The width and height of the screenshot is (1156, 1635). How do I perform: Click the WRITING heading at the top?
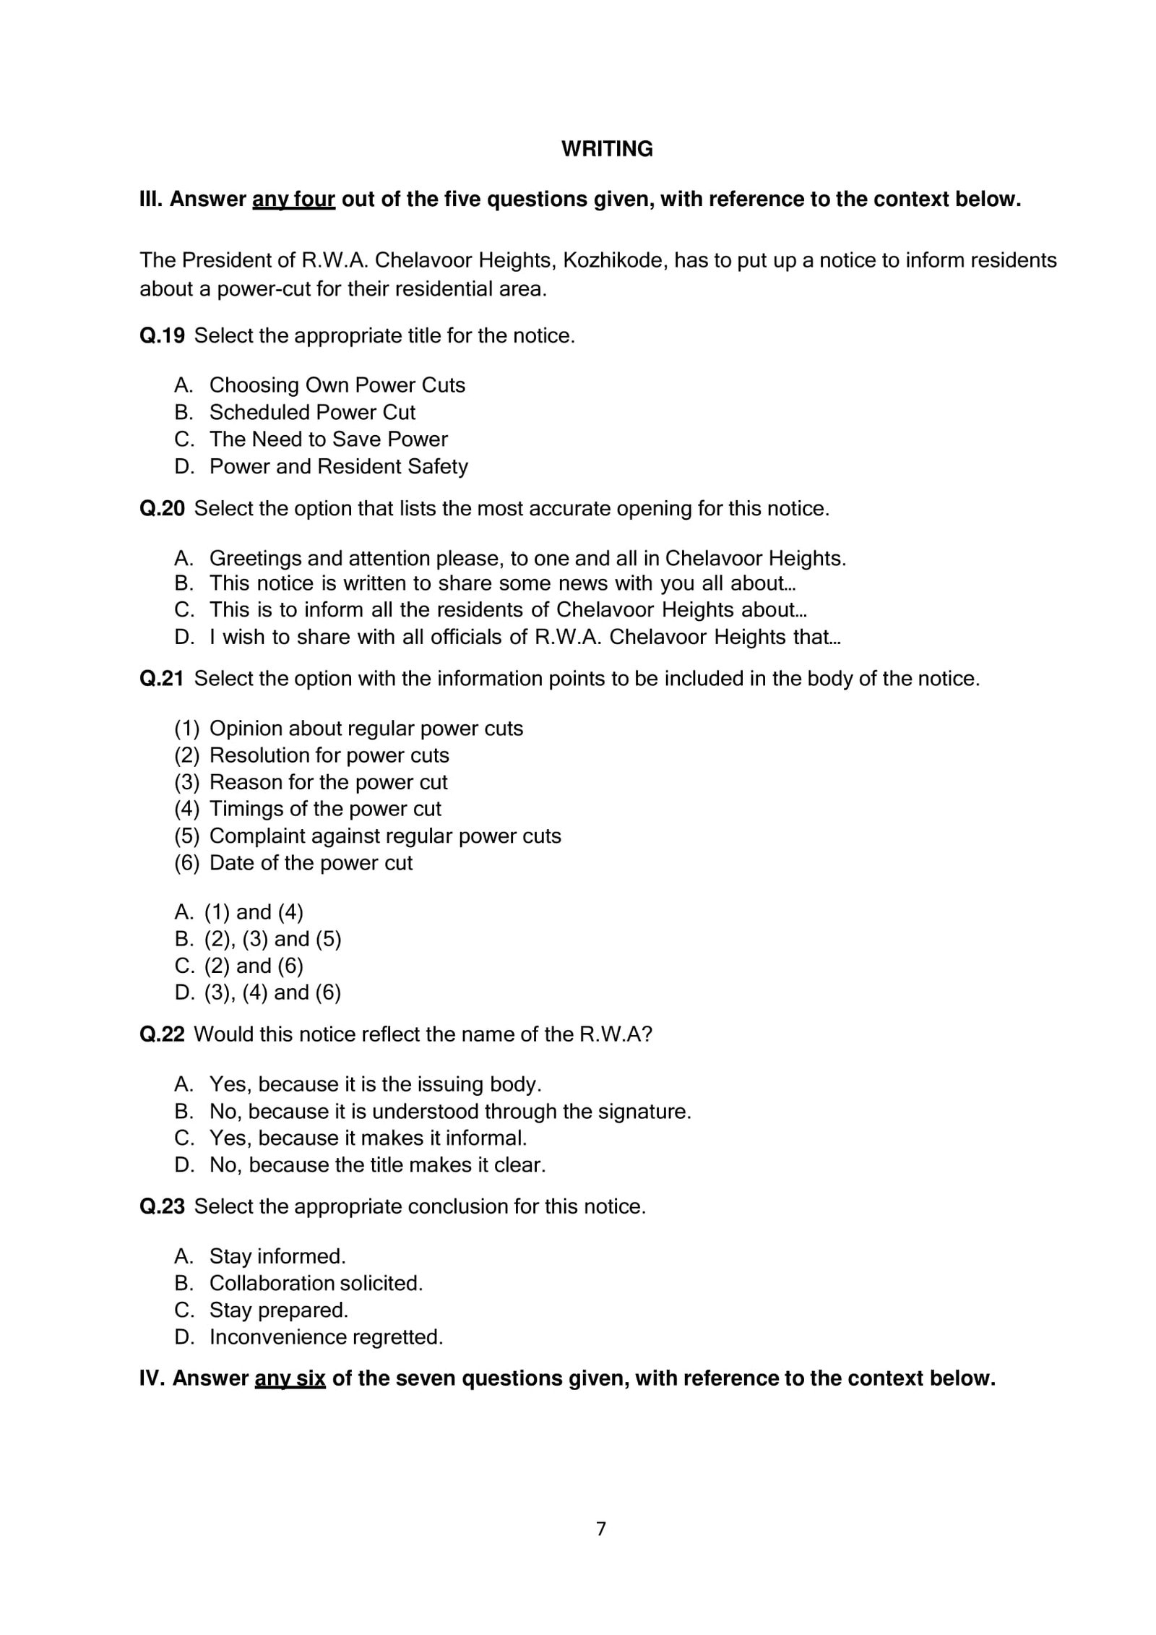click(606, 149)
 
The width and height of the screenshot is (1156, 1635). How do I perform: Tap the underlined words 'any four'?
click(293, 199)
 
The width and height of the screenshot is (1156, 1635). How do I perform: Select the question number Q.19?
click(162, 336)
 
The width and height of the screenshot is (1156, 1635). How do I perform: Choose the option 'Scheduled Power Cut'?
click(312, 412)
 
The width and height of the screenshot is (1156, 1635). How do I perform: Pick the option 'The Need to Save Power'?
click(328, 439)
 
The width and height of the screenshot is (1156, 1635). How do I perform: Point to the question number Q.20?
click(162, 509)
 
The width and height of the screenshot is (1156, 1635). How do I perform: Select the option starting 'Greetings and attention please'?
click(527, 559)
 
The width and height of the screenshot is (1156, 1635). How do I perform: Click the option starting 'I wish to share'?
click(525, 637)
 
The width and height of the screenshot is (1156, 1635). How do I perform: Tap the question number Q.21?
click(162, 679)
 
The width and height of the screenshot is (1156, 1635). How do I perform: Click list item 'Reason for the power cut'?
click(328, 782)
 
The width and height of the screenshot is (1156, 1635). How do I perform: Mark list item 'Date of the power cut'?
click(311, 863)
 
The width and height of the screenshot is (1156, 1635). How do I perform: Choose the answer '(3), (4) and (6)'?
click(272, 992)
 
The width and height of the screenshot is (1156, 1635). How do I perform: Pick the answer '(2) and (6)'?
click(254, 966)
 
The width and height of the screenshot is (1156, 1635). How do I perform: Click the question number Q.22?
click(162, 1034)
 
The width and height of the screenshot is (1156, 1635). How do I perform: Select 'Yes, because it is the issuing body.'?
click(375, 1084)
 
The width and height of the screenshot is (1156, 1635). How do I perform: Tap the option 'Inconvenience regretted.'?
click(326, 1337)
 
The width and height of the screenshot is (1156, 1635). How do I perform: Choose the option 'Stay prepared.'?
click(279, 1310)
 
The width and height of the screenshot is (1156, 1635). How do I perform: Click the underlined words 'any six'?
click(290, 1378)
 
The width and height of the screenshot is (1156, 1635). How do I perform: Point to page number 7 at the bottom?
click(601, 1529)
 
